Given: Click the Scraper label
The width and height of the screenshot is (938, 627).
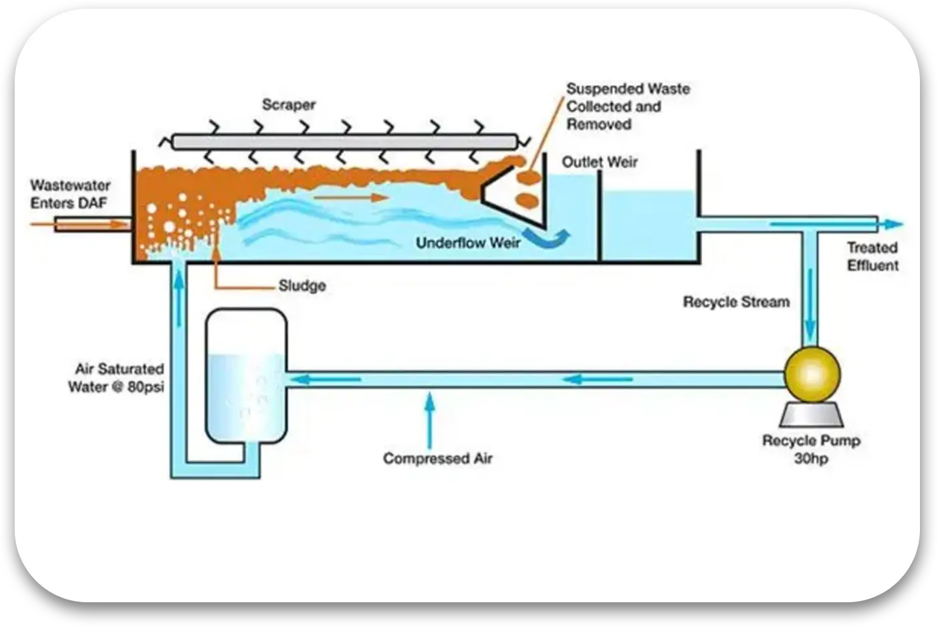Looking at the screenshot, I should coord(289,105).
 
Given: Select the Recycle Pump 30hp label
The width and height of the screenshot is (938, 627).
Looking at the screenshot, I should coord(811,449).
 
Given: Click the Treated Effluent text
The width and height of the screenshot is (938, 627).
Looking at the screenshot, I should coord(872,257).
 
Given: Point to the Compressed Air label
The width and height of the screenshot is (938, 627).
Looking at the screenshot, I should coord(437,459).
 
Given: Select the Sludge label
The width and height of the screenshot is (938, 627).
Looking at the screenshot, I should coord(302,286).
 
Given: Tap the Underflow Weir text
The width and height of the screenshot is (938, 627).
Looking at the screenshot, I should coord(468,243).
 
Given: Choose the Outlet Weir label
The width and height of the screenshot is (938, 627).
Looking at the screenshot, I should coord(600,162).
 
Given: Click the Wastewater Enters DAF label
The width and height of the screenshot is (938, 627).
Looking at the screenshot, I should coord(70,194).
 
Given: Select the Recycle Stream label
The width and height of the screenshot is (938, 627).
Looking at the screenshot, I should coord(736,302).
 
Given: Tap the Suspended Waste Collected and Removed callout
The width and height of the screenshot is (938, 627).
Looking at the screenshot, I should coord(628,106).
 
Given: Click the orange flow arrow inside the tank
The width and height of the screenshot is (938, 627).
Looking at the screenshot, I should coord(350,197).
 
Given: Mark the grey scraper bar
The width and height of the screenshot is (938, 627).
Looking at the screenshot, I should coord(344,141).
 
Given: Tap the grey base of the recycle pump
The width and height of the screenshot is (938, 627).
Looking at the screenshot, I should coord(811,416).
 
